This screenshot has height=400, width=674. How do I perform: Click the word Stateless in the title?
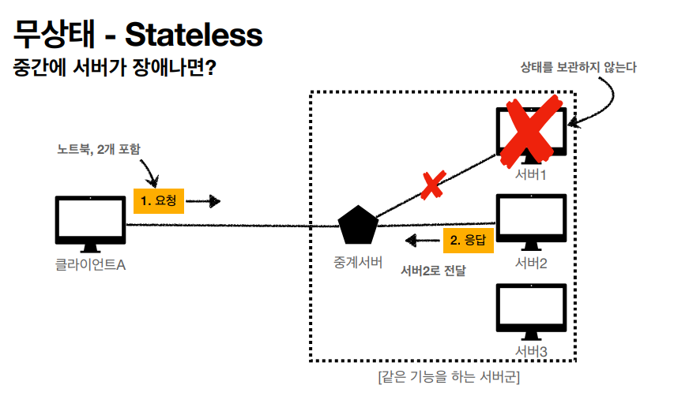point(194,35)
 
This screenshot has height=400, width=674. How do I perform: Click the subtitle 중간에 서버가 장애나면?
point(115,69)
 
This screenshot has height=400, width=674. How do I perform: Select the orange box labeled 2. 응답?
point(468,241)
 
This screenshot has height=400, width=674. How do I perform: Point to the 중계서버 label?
point(359,262)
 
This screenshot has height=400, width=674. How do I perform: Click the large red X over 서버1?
point(532,129)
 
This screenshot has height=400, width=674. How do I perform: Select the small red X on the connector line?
point(431,185)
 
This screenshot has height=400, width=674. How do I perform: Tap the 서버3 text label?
point(531,351)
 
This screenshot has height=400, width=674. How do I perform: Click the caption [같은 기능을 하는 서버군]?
point(448,377)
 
